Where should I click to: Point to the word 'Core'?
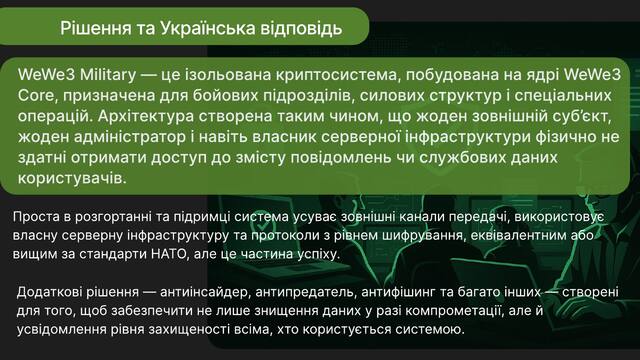point(36,96)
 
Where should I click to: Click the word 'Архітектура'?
point(146,116)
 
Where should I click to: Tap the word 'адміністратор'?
point(130,137)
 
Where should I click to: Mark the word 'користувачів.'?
point(72,179)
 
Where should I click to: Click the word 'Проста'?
point(36,216)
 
